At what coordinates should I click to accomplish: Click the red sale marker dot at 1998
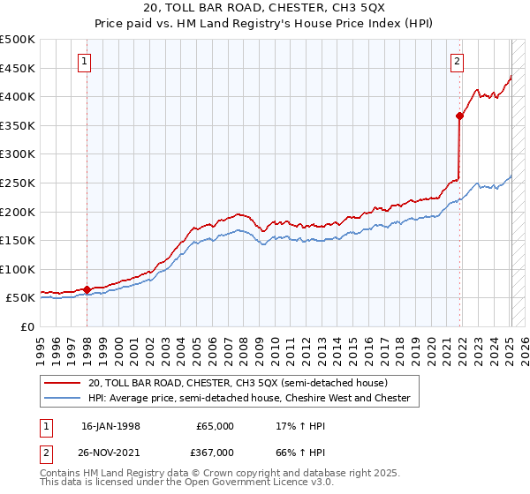point(87,288)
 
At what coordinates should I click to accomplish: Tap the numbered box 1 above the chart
point(84,62)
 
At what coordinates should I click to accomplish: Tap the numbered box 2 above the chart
point(457,62)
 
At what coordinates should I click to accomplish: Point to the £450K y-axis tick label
point(18,69)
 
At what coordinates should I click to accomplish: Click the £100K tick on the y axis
point(18,269)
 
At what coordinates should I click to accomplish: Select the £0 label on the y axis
point(27,326)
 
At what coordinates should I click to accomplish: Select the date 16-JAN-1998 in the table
point(110,426)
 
